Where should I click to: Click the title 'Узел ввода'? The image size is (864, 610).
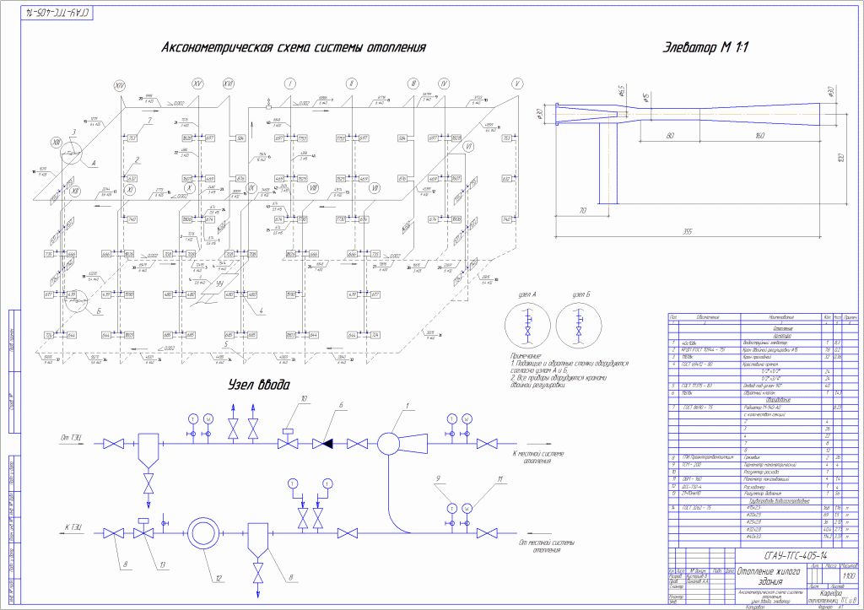(x=258, y=385)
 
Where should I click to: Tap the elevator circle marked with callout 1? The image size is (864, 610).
(x=390, y=443)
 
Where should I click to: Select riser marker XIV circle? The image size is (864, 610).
(x=119, y=86)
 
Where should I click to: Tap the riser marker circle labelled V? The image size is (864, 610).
(x=517, y=84)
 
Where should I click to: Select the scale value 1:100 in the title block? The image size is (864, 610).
(x=845, y=575)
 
